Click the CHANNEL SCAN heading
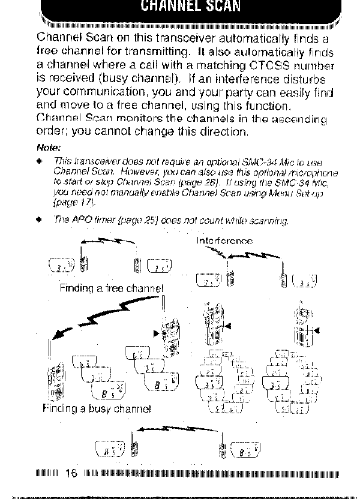pyautogui.click(x=179, y=8)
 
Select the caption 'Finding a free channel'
pyautogui.click(x=112, y=287)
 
